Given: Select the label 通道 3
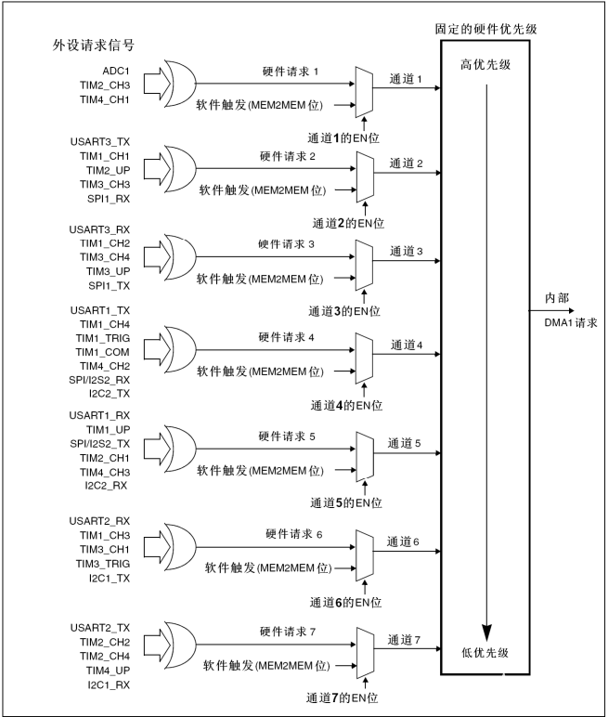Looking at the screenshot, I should [407, 251].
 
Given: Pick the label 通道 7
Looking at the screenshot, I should [407, 639].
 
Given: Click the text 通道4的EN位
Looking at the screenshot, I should [347, 405].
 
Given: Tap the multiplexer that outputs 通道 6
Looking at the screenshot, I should [365, 553].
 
